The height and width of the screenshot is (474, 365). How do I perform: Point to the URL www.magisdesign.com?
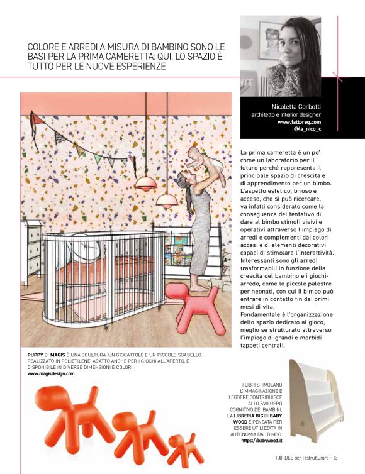[x=50, y=373]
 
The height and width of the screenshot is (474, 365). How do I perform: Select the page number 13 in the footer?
[x=335, y=457]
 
